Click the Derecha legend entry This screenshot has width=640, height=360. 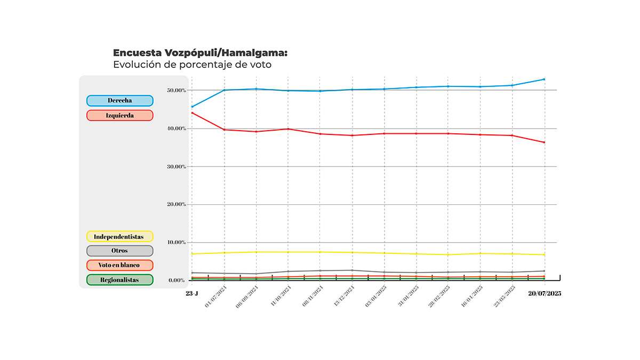[119, 100]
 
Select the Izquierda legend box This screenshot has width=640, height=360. [119, 115]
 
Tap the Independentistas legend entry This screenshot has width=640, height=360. [119, 236]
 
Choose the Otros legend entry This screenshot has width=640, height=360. [119, 251]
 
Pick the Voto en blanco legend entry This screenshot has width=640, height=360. [119, 265]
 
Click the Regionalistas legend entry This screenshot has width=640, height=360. [119, 279]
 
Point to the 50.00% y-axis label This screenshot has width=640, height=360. [176, 91]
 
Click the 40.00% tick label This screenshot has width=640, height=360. [176, 129]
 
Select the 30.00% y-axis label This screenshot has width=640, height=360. [176, 166]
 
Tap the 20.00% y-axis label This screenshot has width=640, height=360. [176, 204]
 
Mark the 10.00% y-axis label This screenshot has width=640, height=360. [176, 243]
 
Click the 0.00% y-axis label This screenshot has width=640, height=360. [177, 280]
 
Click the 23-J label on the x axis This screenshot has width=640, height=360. [192, 293]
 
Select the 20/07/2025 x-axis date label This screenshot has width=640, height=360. [544, 293]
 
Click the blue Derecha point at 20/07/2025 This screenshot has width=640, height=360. [544, 79]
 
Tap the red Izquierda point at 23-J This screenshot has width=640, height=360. [192, 113]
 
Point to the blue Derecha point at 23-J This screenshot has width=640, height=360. [192, 107]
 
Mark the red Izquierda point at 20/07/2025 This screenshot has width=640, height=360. [544, 142]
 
